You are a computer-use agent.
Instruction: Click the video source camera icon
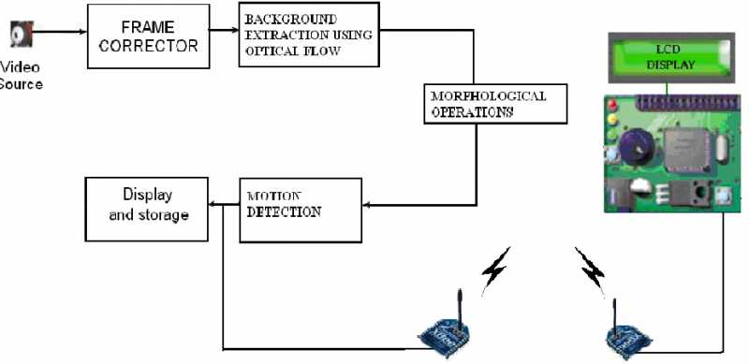(17, 36)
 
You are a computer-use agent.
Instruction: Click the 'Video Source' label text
(22, 76)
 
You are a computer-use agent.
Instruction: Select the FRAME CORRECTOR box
(146, 35)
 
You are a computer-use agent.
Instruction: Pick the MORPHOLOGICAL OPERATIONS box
(496, 105)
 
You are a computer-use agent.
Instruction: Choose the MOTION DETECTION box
(300, 210)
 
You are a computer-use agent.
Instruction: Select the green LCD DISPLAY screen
(667, 56)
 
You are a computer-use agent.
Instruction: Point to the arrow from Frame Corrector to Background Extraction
(222, 30)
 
